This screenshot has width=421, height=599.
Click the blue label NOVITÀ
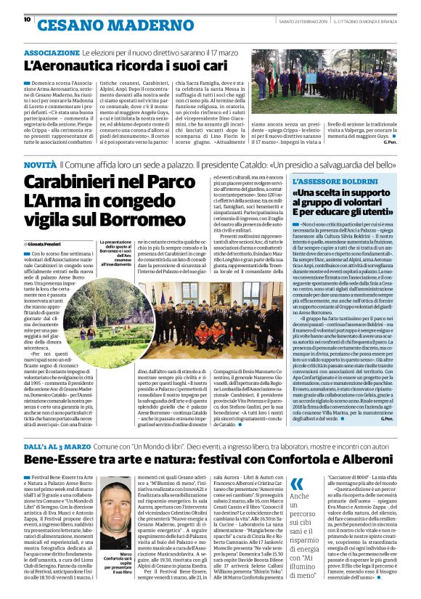pos(40,166)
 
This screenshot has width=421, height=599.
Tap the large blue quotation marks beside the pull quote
pos(297,484)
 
